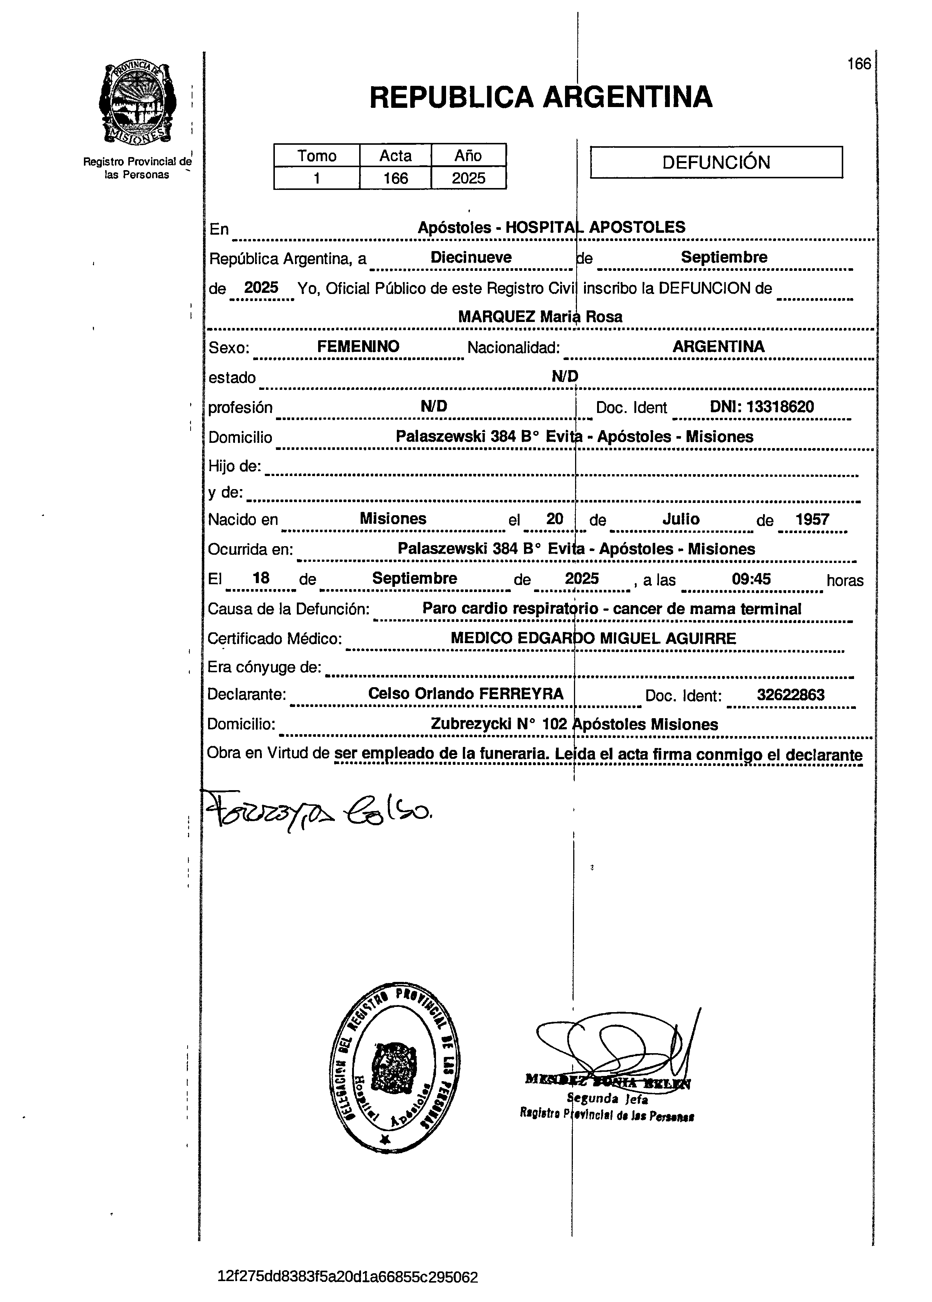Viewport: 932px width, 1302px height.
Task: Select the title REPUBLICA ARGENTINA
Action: pyautogui.click(x=541, y=97)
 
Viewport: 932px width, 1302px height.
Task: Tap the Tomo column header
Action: pyautogui.click(x=316, y=156)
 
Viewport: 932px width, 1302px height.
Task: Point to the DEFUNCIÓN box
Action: pyautogui.click(x=716, y=162)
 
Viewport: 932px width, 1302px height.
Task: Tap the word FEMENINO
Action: pyautogui.click(x=358, y=347)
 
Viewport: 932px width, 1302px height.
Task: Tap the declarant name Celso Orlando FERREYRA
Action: pyautogui.click(x=465, y=694)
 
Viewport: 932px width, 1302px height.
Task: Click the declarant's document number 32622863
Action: pyautogui.click(x=790, y=695)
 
